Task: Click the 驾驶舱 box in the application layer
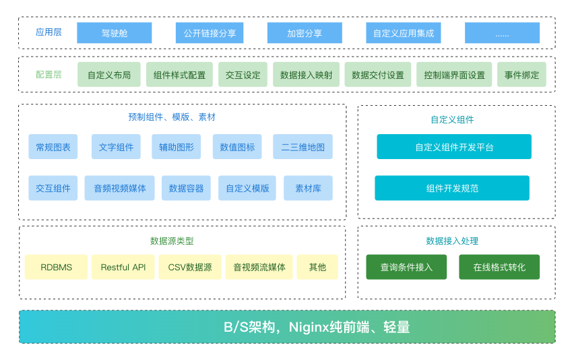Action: coord(114,33)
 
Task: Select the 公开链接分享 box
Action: coord(209,33)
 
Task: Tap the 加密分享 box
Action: coord(305,33)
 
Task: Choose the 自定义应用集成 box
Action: coord(404,33)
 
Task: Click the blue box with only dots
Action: coord(502,33)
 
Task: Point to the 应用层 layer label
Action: coord(49,32)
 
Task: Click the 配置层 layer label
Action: coord(49,75)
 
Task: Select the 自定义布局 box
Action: coord(109,75)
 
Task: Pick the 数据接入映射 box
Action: coord(306,75)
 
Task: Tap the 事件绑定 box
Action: coord(522,75)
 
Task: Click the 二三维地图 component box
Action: coord(303,147)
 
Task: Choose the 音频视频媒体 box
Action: coord(120,188)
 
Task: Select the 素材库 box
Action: coord(308,188)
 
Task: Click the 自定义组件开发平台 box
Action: coord(454,146)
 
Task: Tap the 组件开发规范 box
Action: coord(452,188)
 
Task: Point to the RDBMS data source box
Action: coord(57,267)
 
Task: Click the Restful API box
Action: coord(123,267)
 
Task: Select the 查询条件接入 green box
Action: coord(406,267)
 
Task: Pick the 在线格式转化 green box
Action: coord(499,267)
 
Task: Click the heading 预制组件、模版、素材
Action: coord(172,117)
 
